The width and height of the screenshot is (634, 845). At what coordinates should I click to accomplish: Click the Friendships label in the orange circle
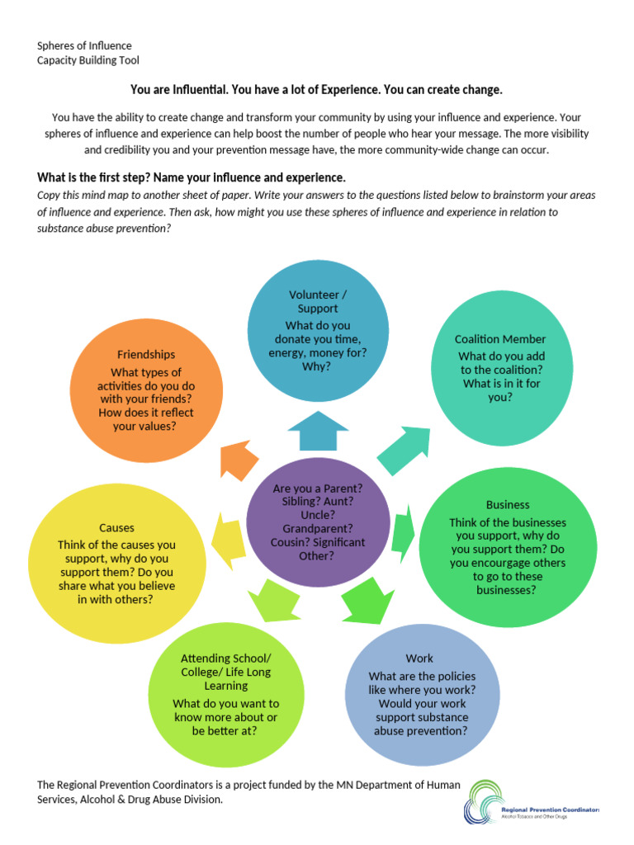146,354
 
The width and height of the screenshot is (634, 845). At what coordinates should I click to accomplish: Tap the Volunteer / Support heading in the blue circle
318,301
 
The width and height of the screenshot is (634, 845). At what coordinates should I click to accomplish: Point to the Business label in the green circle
508,504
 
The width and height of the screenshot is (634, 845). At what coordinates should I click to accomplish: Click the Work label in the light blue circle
419,659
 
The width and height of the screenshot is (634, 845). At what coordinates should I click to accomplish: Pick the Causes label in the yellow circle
116,527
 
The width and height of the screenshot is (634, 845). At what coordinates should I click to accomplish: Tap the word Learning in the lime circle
225,686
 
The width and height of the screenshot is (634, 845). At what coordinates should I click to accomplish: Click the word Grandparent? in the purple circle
318,527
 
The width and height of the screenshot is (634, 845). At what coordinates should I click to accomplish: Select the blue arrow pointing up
318,430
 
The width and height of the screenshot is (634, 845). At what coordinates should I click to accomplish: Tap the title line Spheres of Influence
84,45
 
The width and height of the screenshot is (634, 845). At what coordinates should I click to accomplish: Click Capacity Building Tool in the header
88,60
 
